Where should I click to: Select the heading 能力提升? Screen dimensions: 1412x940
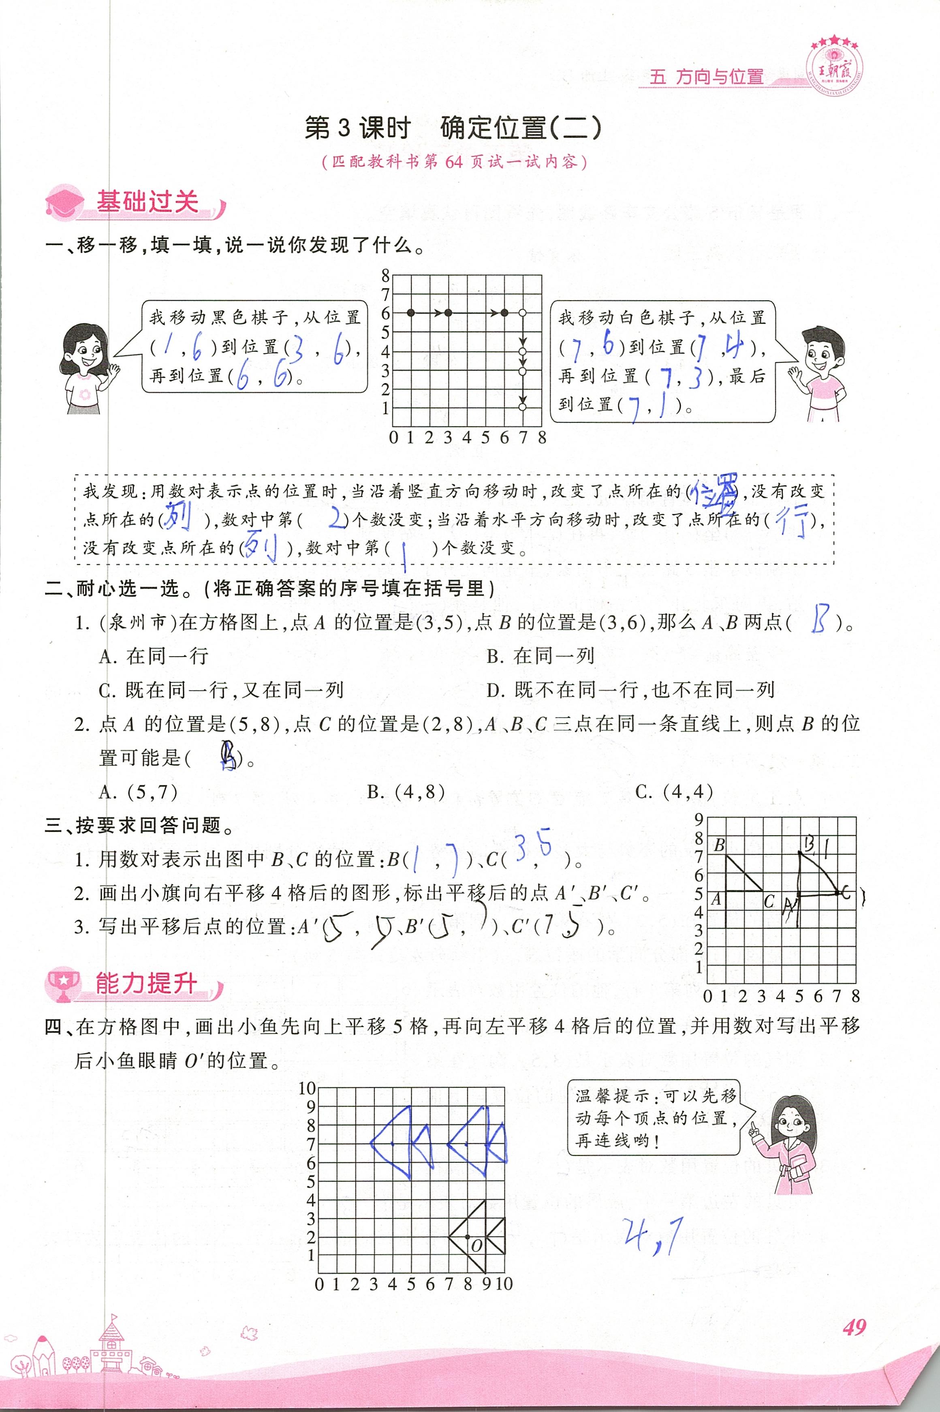coord(146,983)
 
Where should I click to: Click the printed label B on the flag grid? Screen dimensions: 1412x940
coord(720,845)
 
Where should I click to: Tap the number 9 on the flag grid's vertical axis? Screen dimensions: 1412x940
coord(699,819)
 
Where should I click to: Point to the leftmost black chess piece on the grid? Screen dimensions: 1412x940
coord(411,313)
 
